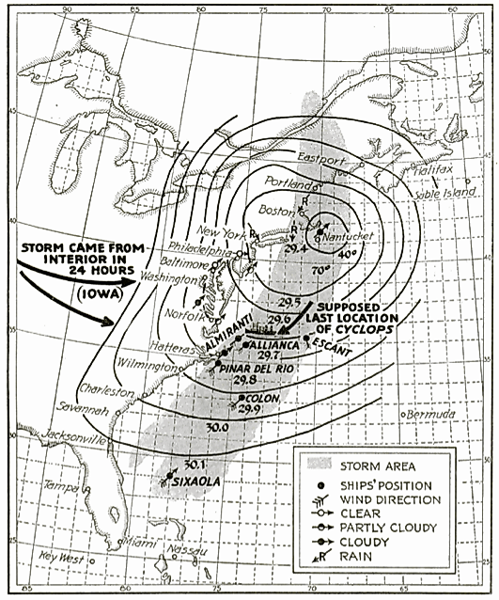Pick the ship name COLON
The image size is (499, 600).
(261, 397)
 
